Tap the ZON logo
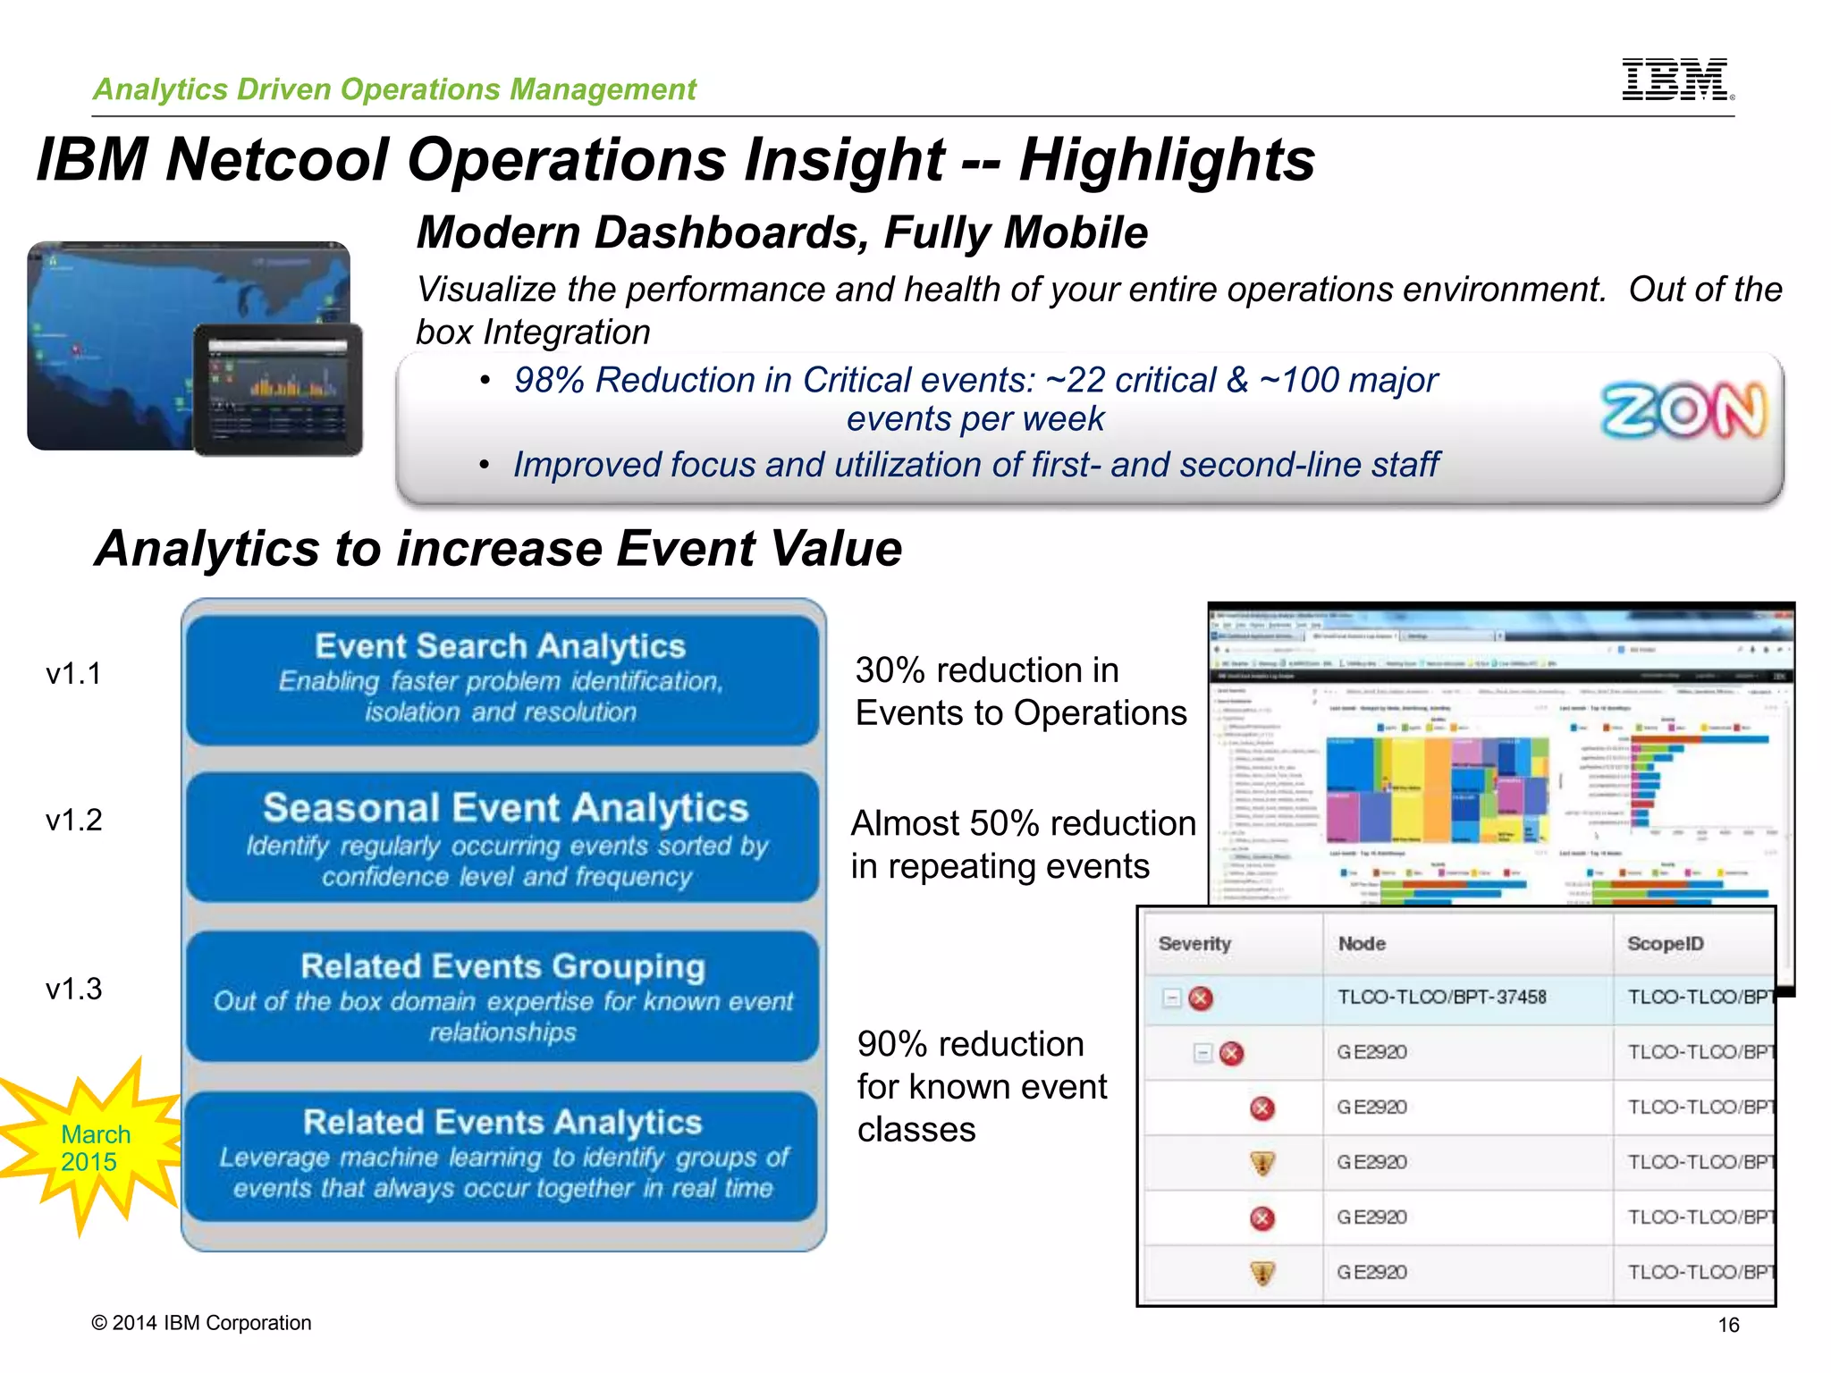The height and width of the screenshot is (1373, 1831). (1683, 411)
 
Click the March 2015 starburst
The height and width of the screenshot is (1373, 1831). (94, 1148)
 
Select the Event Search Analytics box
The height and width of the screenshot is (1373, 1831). (502, 678)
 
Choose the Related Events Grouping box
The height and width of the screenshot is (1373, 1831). (502, 996)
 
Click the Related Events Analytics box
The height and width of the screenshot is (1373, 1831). (502, 1155)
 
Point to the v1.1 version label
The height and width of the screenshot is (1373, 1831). (73, 674)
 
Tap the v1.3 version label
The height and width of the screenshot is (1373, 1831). (73, 990)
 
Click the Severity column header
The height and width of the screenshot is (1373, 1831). (1194, 944)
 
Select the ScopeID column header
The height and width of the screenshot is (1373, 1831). (1665, 944)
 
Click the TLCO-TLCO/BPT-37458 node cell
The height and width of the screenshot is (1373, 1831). (1441, 998)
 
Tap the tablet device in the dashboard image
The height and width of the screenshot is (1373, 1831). (278, 389)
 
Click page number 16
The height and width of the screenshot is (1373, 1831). (1728, 1325)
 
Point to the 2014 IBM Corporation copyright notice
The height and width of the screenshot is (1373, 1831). (202, 1323)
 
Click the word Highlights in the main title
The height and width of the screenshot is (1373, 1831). (1167, 161)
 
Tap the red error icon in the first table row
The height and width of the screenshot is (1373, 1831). (1201, 998)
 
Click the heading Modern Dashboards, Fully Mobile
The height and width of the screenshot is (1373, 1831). (782, 233)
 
